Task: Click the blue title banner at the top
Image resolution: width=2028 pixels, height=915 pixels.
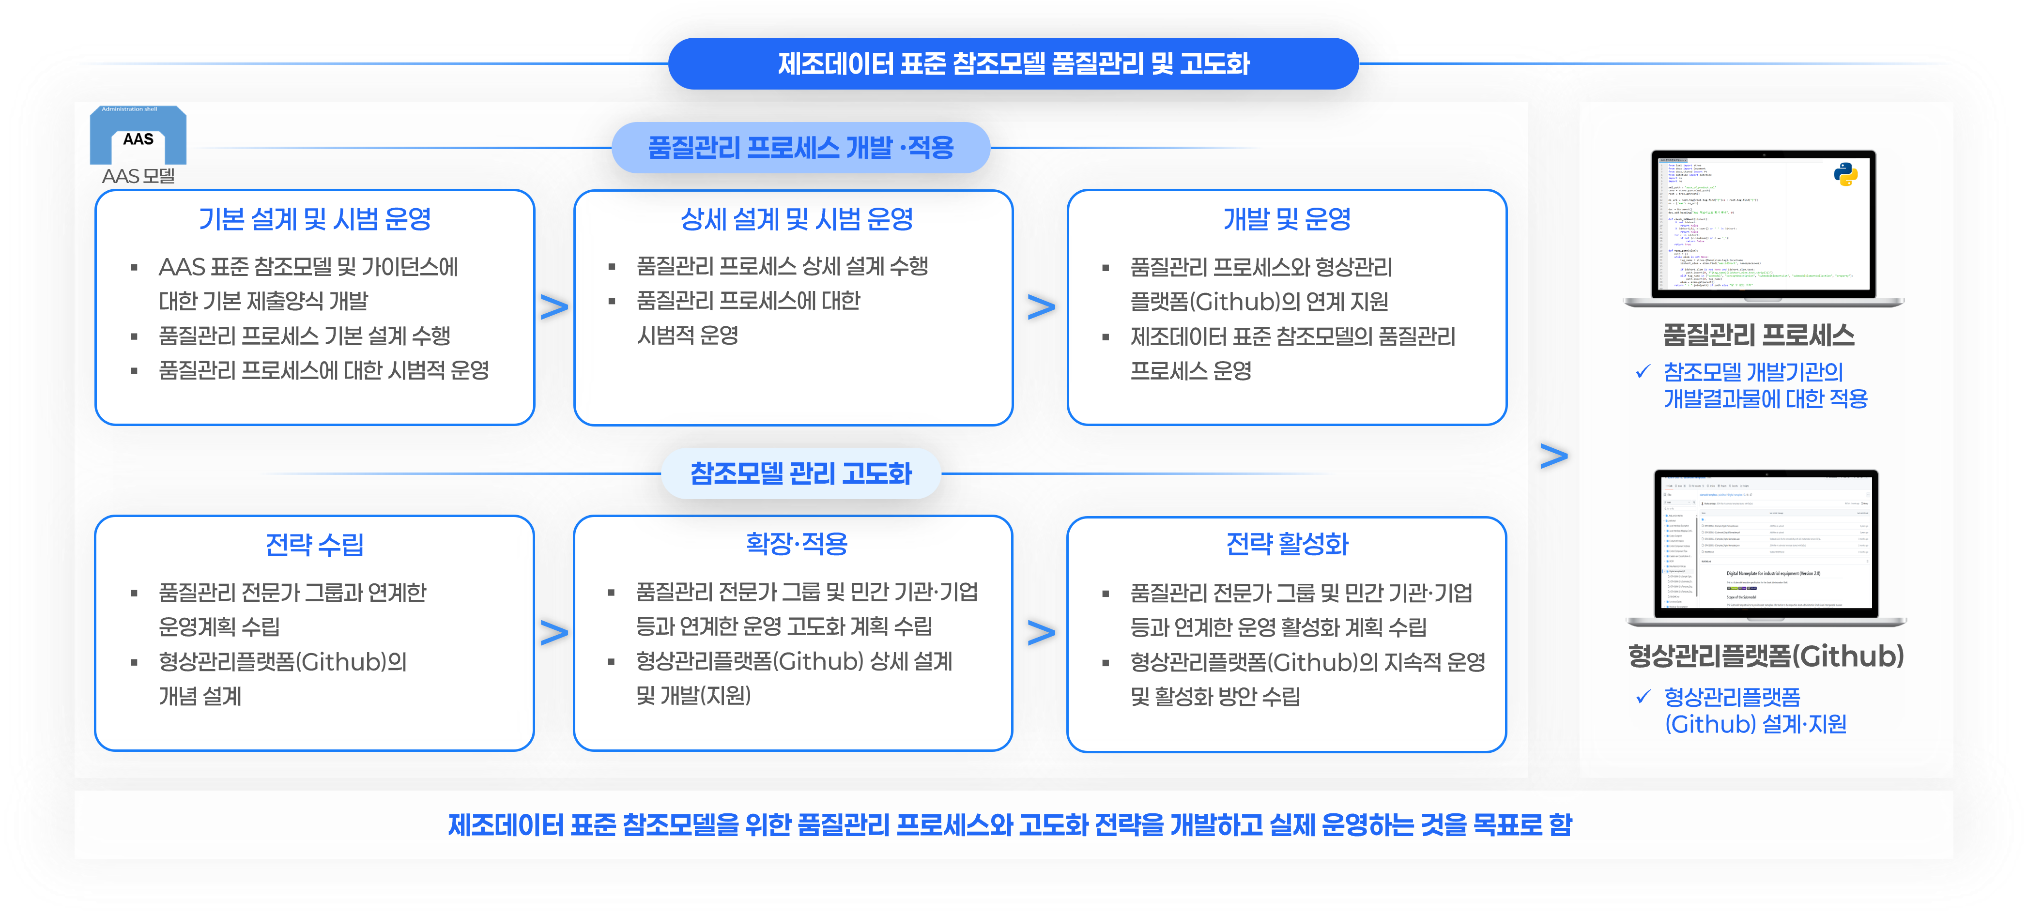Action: coord(1013,64)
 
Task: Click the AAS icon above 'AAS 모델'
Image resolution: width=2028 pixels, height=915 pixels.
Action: coord(138,136)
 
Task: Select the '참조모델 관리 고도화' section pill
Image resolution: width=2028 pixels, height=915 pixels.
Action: coord(800,473)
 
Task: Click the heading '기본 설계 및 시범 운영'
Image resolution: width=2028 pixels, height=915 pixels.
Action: coord(315,219)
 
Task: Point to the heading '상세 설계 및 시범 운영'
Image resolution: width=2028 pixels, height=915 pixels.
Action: coord(797,219)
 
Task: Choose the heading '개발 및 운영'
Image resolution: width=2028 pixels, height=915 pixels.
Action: coord(1287,219)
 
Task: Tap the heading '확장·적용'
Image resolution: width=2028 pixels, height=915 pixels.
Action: coord(797,544)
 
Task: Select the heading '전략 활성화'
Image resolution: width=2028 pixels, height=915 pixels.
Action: coord(1287,544)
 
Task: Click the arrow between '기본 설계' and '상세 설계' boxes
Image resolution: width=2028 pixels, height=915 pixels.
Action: coord(554,307)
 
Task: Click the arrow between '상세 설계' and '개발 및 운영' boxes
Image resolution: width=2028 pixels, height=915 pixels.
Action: coord(1041,307)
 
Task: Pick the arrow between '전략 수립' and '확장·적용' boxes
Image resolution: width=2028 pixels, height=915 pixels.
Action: coord(554,633)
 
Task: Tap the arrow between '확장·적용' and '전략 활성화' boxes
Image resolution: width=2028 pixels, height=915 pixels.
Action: coord(1041,633)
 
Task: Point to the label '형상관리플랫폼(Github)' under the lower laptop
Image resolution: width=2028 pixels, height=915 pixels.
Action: coord(1766,656)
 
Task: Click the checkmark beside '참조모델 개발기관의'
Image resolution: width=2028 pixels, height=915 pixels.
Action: coord(1643,371)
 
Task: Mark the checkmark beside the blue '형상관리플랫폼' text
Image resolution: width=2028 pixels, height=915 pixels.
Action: coord(1643,696)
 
